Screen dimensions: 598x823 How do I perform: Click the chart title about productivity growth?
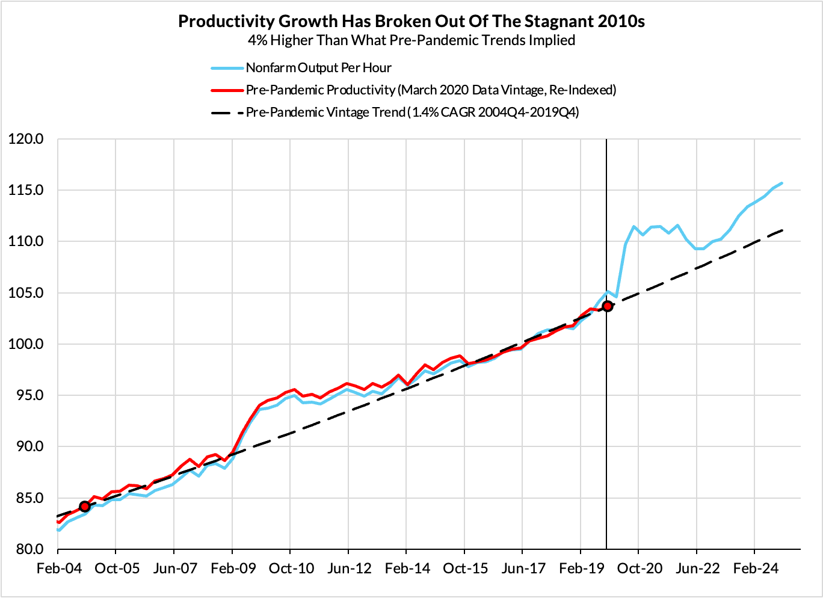click(x=411, y=22)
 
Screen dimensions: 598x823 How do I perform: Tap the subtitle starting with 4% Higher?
click(x=411, y=40)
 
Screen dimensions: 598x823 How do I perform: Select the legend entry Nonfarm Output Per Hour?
click(x=318, y=67)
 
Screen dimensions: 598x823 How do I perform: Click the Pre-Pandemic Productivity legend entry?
click(x=431, y=90)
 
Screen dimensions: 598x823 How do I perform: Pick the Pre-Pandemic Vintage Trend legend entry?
click(x=412, y=113)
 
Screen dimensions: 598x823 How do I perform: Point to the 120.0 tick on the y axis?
click(x=26, y=139)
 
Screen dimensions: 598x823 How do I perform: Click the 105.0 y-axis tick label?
click(x=26, y=293)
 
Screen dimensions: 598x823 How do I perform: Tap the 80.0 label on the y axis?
click(x=27, y=549)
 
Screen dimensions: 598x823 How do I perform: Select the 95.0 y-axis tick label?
click(x=27, y=395)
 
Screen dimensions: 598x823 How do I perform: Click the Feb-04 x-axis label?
click(x=58, y=569)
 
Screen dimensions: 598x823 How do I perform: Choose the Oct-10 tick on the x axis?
click(x=291, y=569)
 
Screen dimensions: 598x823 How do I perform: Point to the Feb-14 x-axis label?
click(x=407, y=569)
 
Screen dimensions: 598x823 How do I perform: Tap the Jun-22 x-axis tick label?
click(x=697, y=569)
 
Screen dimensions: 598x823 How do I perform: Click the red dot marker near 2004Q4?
click(x=84, y=507)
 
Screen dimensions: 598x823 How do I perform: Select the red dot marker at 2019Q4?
click(x=607, y=306)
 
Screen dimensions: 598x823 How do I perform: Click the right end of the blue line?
click(x=781, y=183)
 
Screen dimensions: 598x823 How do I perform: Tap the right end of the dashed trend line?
click(x=782, y=230)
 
